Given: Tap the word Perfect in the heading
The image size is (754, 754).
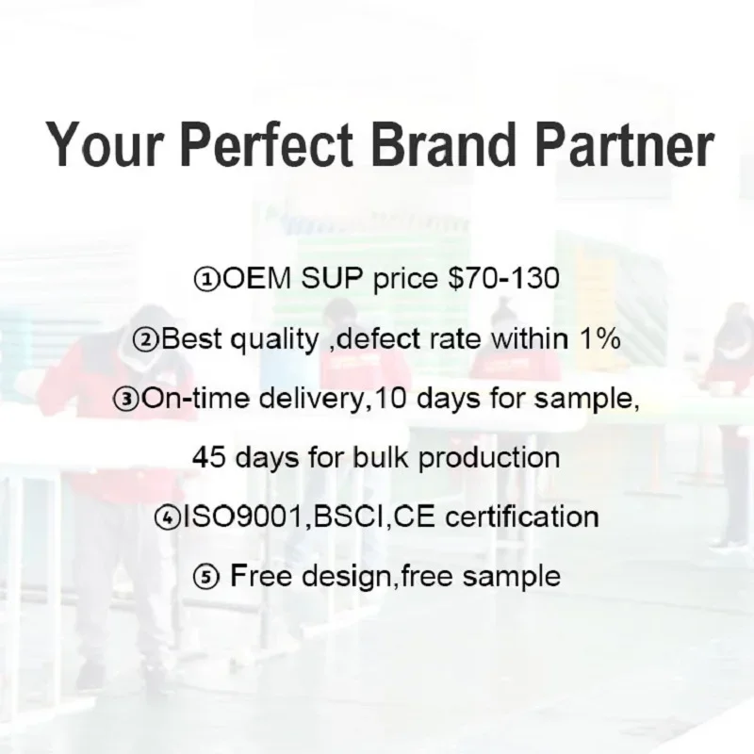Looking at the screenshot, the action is click(x=267, y=144).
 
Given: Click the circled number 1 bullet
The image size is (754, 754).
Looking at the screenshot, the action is click(x=207, y=279).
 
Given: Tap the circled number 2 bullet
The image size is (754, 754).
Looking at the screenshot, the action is click(x=146, y=340).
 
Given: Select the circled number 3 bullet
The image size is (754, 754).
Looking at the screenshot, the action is click(x=127, y=400).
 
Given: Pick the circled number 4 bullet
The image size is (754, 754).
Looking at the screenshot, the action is click(x=167, y=517).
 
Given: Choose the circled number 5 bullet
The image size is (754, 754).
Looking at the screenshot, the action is click(x=206, y=577).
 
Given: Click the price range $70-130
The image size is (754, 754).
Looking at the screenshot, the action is click(x=503, y=278).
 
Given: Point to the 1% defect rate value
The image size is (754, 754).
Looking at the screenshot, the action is click(x=600, y=339).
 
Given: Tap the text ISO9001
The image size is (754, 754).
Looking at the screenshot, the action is click(x=243, y=516).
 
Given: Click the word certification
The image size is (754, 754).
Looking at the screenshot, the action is click(x=522, y=516).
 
